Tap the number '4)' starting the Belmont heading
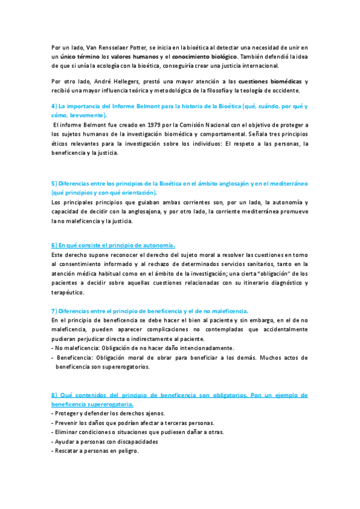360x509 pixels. click(55, 106)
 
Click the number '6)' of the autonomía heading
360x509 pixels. click(55, 245)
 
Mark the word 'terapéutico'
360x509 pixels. click(68, 293)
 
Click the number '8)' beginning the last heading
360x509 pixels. click(55, 395)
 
